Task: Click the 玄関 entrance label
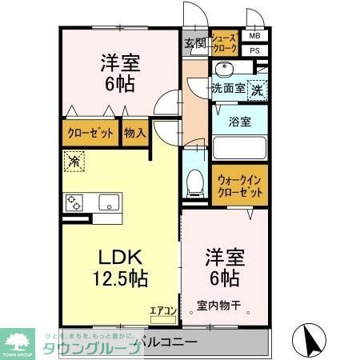pyautogui.click(x=194, y=43)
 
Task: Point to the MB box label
pyautogui.click(x=254, y=35)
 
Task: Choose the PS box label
pyautogui.click(x=254, y=50)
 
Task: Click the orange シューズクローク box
pyautogui.click(x=224, y=44)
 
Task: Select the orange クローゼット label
pyautogui.click(x=90, y=133)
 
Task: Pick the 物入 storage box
pyautogui.click(x=134, y=133)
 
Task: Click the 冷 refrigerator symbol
pyautogui.click(x=73, y=161)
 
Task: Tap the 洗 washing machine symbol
pyautogui.click(x=258, y=90)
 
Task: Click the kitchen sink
pyautogui.click(x=107, y=202)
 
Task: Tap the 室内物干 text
pyautogui.click(x=220, y=304)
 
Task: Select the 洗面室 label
pyautogui.click(x=227, y=89)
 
